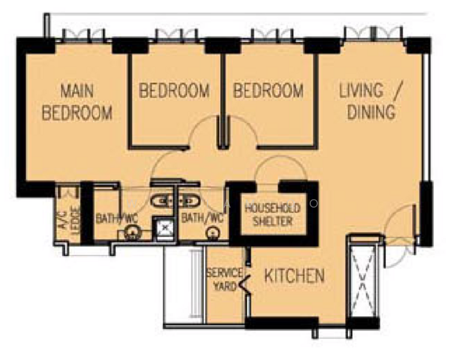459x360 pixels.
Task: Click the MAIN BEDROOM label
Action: pyautogui.click(x=77, y=102)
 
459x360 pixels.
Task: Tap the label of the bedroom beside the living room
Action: pyautogui.click(x=268, y=91)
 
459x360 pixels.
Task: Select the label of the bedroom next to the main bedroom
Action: pyautogui.click(x=175, y=91)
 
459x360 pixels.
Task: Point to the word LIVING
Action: pyautogui.click(x=361, y=90)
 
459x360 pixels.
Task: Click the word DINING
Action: pyautogui.click(x=371, y=112)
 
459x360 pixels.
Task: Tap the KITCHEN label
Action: pyautogui.click(x=295, y=276)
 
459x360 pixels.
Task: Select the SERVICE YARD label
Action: pyautogui.click(x=225, y=280)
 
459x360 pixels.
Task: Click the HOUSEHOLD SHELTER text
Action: pyautogui.click(x=272, y=215)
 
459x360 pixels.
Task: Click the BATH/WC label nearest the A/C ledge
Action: pyautogui.click(x=116, y=218)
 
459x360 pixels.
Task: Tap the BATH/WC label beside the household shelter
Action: pyautogui.click(x=202, y=218)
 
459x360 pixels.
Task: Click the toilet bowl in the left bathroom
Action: pyautogui.click(x=131, y=232)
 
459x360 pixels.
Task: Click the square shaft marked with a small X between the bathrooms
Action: pyautogui.click(x=165, y=227)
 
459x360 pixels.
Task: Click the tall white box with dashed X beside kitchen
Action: pyautogui.click(x=363, y=281)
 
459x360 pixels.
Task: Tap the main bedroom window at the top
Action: pyautogui.click(x=84, y=35)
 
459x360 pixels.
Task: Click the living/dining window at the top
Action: pyautogui.click(x=373, y=34)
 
